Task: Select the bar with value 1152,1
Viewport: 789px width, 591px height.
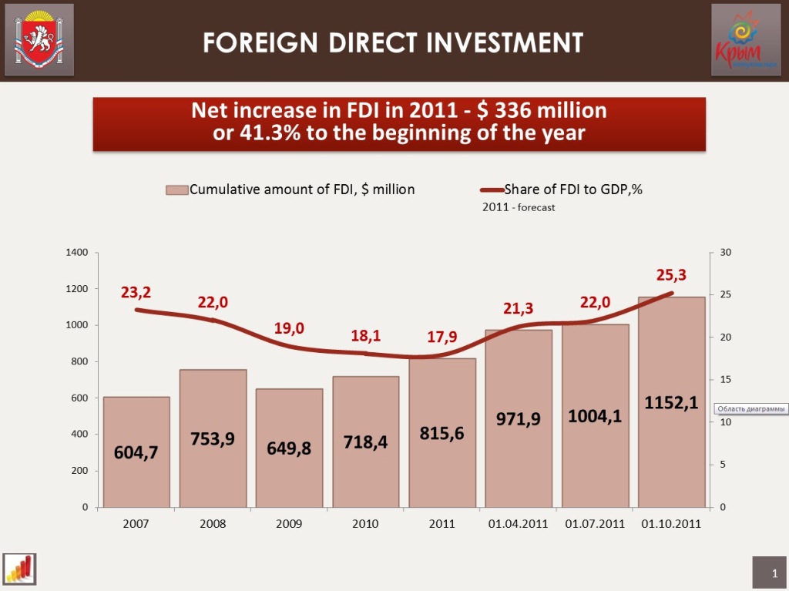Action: (672, 462)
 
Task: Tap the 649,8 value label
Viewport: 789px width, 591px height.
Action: (289, 448)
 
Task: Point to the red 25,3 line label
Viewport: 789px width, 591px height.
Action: (671, 274)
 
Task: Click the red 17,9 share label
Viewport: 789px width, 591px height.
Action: (442, 338)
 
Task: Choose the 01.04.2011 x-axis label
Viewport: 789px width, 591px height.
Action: (518, 524)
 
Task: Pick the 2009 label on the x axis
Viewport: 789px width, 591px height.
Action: (289, 524)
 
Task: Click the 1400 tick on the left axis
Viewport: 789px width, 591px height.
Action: (77, 253)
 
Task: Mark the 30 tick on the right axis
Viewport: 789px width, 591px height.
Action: (725, 253)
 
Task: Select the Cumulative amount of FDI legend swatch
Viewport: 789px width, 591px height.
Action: (177, 190)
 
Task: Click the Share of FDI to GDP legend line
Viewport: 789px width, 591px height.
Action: (492, 190)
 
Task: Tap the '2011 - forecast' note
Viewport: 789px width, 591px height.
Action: (519, 207)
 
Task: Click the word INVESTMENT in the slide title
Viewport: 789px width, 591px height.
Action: (505, 42)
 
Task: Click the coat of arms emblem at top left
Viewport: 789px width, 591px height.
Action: (39, 39)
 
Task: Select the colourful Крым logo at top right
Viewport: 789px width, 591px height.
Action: (744, 39)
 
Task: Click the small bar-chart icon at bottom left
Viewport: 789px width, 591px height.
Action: (21, 569)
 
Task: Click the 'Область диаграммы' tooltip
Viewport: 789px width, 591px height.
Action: (751, 408)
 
